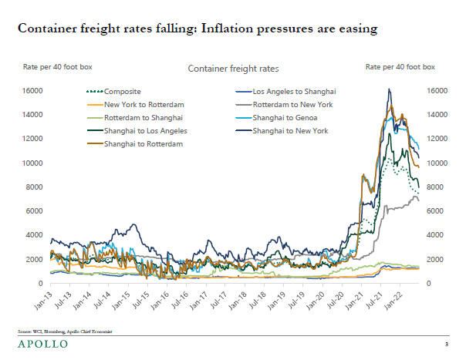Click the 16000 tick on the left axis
click(32, 91)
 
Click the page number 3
click(447, 344)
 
